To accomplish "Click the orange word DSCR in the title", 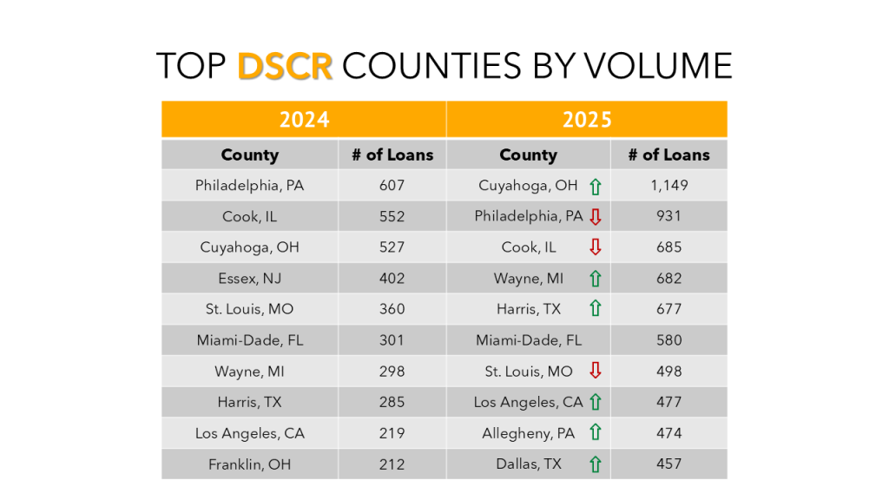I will [285, 66].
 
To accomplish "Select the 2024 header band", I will [304, 119].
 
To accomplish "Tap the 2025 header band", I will [587, 119].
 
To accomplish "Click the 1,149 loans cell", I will [668, 185].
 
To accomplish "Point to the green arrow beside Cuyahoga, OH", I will [596, 186].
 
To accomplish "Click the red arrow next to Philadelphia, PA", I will [596, 217].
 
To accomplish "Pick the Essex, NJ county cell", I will [249, 279].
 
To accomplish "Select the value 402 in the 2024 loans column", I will [392, 279].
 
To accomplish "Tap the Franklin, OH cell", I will [249, 464].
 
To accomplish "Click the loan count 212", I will [392, 464].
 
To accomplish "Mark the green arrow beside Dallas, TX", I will [596, 464].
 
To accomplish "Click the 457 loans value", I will [668, 464].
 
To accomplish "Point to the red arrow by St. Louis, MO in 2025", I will [596, 371].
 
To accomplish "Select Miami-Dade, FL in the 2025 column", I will [529, 340].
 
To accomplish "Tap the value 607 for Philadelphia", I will [392, 185].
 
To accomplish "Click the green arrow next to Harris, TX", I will [596, 309].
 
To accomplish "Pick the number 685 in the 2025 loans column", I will [668, 247].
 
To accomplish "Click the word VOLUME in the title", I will [659, 66].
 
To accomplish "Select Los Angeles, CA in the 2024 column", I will [249, 433].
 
